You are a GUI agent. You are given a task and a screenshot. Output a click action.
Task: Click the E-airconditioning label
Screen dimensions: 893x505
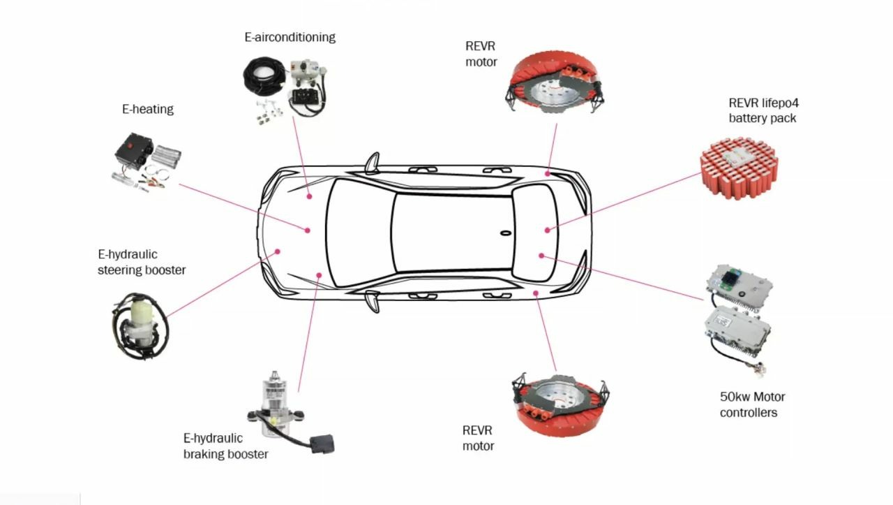click(290, 37)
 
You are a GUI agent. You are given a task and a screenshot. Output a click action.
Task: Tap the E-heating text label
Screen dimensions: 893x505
click(147, 109)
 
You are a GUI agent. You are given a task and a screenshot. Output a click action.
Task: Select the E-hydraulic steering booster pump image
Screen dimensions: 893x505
click(140, 326)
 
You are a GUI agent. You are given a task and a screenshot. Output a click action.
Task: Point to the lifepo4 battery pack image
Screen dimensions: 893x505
click(740, 167)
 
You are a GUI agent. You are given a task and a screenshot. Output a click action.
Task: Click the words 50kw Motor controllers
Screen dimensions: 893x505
click(752, 404)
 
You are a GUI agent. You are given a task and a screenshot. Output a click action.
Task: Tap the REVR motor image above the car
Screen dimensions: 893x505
click(555, 82)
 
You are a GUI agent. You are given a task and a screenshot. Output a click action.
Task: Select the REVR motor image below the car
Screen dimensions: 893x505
click(560, 405)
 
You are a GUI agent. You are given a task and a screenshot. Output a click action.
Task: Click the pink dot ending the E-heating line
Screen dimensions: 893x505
click(308, 230)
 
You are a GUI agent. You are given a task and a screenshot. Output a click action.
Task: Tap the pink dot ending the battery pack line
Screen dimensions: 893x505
click(548, 230)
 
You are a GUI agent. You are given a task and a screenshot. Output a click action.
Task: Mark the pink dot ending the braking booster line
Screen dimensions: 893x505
click(319, 275)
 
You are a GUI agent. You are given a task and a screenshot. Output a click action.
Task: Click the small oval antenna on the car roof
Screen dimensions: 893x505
click(506, 233)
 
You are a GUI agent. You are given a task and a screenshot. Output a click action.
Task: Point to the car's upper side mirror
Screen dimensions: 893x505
click(373, 163)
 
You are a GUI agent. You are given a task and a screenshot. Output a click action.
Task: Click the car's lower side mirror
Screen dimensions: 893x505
click(373, 302)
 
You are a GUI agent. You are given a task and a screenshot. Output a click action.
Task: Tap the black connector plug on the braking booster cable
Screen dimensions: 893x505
click(322, 444)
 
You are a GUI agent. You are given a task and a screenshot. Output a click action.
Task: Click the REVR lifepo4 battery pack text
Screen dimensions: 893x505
click(763, 110)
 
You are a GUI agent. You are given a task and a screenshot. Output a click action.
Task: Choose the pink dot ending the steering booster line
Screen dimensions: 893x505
click(278, 251)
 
